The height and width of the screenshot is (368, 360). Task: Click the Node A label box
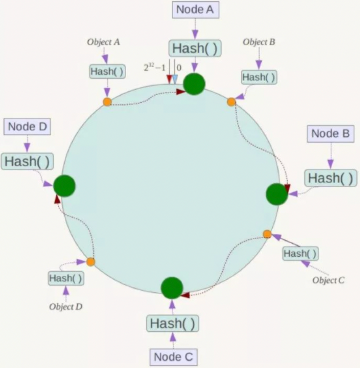[196, 10]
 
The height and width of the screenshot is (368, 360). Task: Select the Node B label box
[331, 134]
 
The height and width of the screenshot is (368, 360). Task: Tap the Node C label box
[173, 357]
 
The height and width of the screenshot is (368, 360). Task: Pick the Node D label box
[27, 127]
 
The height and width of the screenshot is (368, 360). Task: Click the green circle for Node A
[194, 84]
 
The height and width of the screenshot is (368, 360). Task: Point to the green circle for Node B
[277, 194]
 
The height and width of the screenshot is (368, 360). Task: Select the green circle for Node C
[172, 288]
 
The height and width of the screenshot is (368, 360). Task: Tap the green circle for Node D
[64, 186]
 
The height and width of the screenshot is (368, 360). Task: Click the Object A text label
[103, 42]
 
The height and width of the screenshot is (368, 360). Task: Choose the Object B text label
[259, 42]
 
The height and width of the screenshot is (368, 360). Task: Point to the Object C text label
[328, 280]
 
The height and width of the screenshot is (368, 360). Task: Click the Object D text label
[66, 307]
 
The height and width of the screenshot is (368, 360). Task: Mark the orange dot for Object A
[107, 102]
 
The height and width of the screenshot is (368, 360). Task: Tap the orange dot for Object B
[231, 102]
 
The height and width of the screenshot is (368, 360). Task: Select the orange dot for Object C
[267, 234]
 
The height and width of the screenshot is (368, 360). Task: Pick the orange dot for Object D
[90, 262]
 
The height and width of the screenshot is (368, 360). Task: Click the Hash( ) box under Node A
[195, 48]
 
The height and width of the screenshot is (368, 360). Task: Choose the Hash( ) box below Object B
[259, 77]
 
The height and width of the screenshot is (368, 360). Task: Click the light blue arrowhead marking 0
[175, 79]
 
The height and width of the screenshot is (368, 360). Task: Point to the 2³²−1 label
[154, 68]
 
